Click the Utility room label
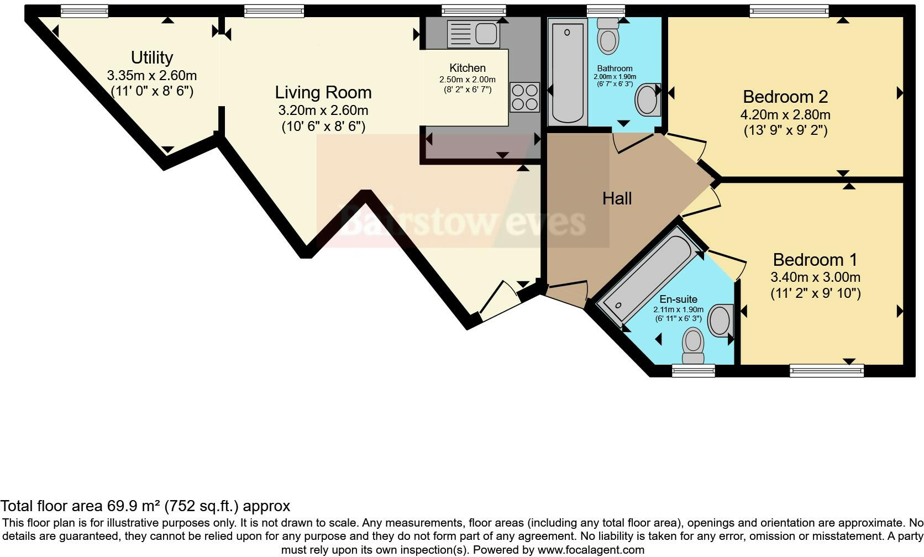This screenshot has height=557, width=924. pos(152,57)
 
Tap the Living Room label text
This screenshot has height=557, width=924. pos(323,92)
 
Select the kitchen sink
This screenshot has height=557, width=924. pos(474,33)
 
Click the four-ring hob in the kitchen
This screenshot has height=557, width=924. pos(524,97)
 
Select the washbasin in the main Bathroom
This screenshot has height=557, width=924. pos(647,100)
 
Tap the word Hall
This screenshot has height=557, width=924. pos(617,198)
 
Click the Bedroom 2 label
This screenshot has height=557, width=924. pos(785,97)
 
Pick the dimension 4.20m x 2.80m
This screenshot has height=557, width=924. pos(785,115)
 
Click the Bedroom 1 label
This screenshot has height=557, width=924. pos(815,259)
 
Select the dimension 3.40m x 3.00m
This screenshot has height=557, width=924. pos(815,277)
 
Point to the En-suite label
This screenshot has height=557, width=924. pos(678,299)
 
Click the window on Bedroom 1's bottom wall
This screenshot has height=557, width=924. pos(826,370)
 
